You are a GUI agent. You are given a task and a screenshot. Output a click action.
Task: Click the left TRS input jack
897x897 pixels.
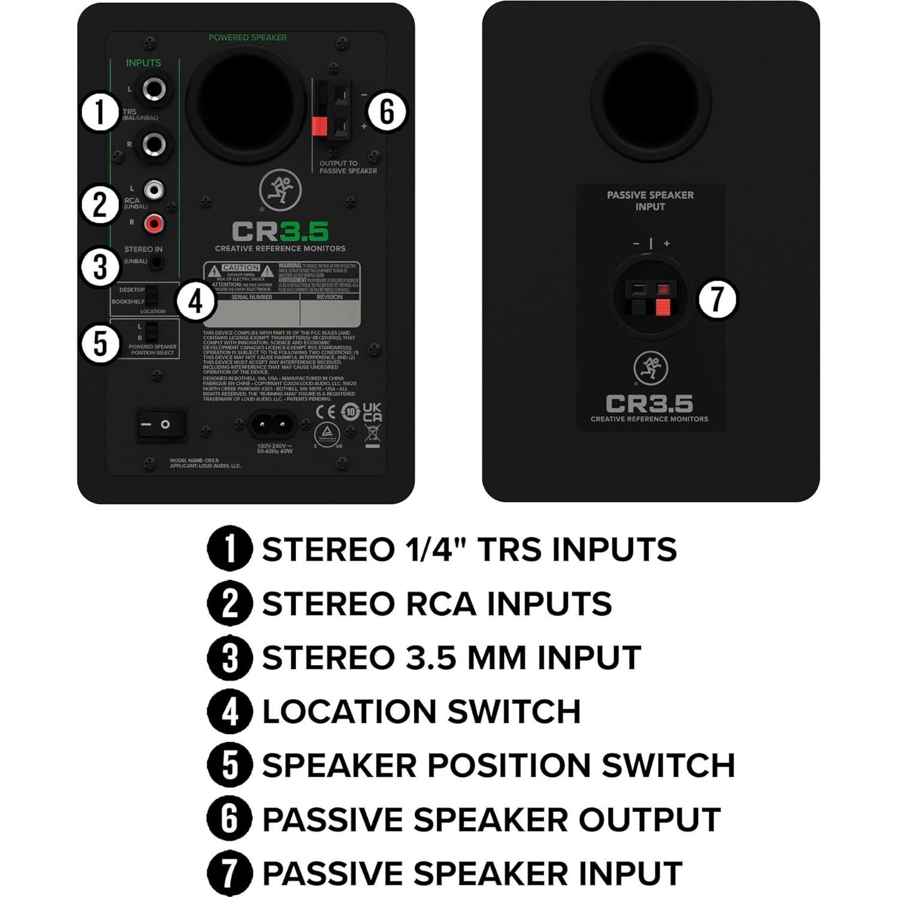[154, 90]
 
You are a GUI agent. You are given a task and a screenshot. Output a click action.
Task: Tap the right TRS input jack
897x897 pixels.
[154, 144]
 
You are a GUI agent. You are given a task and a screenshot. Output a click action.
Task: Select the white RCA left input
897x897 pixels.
[154, 190]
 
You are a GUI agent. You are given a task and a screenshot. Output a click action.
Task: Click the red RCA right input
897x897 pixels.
[154, 224]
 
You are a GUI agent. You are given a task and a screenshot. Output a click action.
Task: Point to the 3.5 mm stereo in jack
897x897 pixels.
[157, 262]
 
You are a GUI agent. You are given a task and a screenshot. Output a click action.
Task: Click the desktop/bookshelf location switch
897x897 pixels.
[152, 295]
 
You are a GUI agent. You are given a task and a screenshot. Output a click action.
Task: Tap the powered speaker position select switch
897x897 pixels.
[152, 331]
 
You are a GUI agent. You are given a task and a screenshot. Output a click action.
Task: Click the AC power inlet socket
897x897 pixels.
[272, 425]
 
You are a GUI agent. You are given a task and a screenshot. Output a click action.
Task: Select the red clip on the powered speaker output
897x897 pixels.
[320, 126]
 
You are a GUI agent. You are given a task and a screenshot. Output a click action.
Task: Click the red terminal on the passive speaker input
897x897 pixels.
[662, 306]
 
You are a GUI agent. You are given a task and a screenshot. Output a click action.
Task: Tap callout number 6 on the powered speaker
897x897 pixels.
[386, 111]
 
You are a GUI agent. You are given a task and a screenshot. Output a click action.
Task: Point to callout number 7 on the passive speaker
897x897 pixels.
[717, 299]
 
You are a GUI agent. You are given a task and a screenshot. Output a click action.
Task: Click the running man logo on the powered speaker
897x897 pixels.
[280, 191]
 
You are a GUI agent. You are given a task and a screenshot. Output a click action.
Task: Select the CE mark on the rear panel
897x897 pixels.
[326, 412]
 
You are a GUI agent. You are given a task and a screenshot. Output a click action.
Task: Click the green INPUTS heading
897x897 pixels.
[143, 63]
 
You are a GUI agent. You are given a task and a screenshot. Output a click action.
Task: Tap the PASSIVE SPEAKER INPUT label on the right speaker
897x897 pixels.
[650, 201]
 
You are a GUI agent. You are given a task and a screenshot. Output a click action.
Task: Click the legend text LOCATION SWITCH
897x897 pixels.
[421, 711]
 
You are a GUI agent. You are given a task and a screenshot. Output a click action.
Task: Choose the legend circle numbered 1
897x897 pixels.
[229, 548]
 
